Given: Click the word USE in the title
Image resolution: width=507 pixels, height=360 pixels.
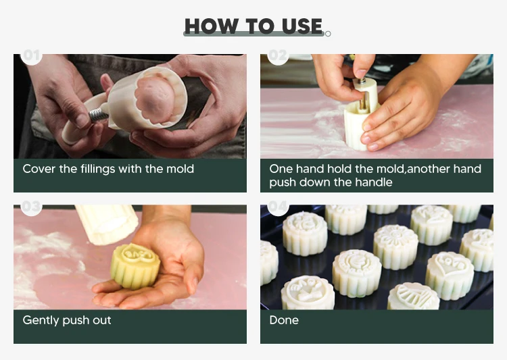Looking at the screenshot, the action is point(302,26).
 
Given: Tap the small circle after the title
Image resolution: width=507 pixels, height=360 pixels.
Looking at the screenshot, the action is point(328,34).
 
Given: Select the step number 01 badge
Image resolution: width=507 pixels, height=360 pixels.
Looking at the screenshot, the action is point(31,56).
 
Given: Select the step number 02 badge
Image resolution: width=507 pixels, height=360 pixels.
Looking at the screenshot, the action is point(278,56).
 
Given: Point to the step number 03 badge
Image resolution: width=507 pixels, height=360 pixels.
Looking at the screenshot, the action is point(31,207).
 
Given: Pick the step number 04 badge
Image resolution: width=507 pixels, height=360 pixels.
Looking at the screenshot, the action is point(278,207).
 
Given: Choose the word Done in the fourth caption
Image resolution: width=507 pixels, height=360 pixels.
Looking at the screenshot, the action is point(284,320).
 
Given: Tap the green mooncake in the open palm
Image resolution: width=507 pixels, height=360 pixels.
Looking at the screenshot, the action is point(135,267).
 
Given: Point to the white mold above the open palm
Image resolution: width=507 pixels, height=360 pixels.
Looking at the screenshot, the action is point(107,224).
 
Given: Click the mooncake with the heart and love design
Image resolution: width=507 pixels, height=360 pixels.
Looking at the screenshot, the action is point(450,275).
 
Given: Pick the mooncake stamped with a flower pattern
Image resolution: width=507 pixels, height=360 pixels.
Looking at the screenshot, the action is point(395,247).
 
